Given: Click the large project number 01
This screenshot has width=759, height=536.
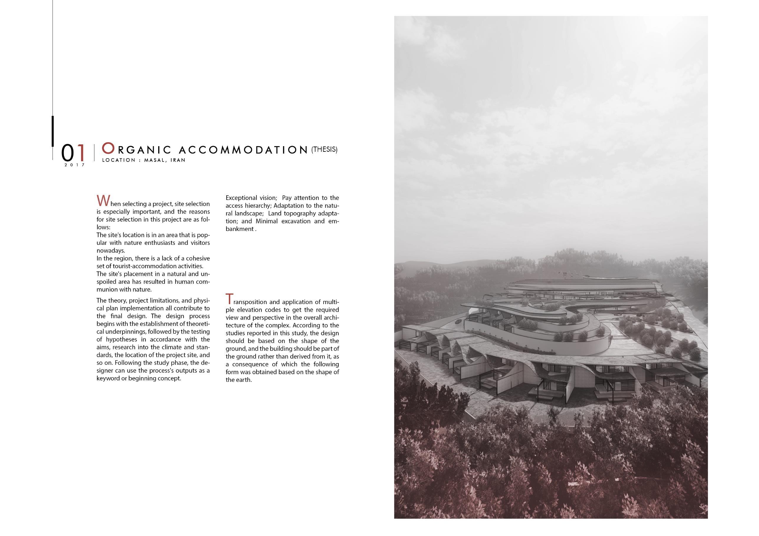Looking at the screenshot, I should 73,153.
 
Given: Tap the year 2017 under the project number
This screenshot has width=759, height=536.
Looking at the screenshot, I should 75,165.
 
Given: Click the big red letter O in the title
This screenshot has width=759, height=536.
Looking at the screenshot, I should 108,148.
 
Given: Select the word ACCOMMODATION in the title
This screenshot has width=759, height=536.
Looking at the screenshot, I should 243,150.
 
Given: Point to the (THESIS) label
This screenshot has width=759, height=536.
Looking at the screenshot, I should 324,149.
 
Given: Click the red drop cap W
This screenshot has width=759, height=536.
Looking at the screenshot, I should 102,201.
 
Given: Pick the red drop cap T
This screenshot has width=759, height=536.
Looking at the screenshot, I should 229,299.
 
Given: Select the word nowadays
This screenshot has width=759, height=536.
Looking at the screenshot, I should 109,251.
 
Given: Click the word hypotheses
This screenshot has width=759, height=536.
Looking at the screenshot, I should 121,339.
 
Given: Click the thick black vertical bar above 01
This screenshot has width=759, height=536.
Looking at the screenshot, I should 53,131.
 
